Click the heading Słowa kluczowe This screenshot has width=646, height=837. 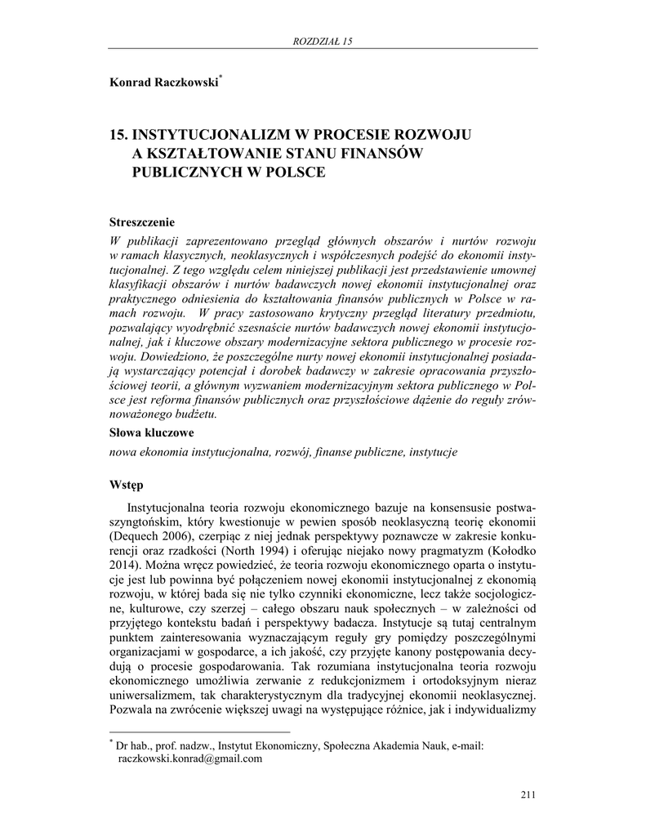(x=151, y=433)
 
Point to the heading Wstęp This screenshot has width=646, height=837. (x=127, y=485)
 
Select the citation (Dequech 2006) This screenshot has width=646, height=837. (x=150, y=536)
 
